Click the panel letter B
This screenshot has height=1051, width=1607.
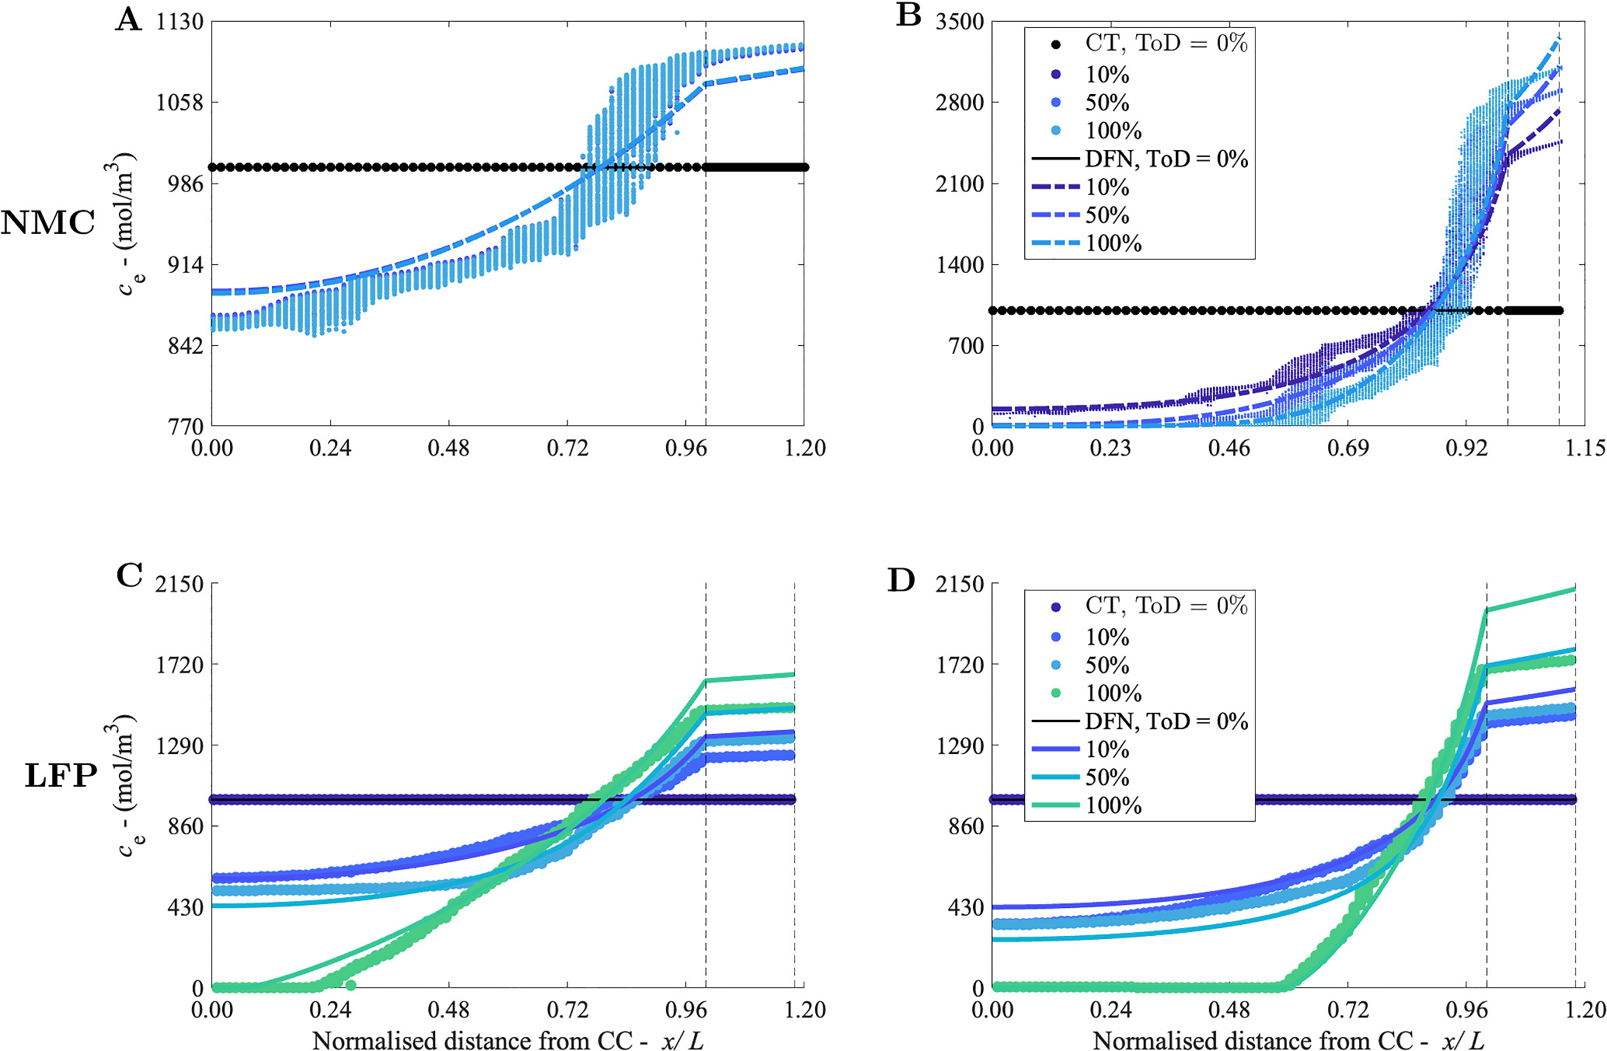[x=908, y=16]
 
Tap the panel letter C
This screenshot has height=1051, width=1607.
[x=129, y=576]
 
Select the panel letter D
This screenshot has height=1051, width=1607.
[x=901, y=580]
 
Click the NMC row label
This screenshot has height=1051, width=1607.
[x=47, y=224]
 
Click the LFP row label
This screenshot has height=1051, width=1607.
[x=61, y=776]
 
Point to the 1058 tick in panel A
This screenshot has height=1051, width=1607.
[x=180, y=103]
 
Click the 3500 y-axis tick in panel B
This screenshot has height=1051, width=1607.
[x=960, y=22]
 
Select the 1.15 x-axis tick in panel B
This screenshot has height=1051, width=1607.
[x=1584, y=449]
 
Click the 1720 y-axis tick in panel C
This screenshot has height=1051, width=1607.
[x=180, y=665]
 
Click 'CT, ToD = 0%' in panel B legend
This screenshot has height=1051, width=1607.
[x=1166, y=44]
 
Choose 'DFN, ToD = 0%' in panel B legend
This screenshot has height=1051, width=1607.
[x=1166, y=159]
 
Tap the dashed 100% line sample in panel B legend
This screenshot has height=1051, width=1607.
[x=1055, y=244]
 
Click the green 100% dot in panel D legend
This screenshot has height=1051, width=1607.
[x=1055, y=693]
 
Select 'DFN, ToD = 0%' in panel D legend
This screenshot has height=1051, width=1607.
[x=1166, y=721]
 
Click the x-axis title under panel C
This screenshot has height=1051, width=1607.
[x=508, y=1040]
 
